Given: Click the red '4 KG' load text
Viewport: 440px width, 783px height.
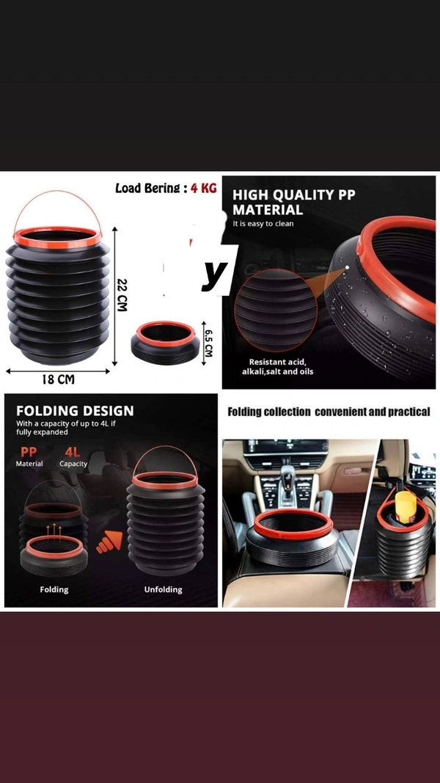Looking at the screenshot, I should click(203, 189).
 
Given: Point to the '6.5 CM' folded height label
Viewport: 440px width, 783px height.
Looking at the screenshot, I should click(208, 340).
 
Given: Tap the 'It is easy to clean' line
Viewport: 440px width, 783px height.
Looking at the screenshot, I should click(263, 223).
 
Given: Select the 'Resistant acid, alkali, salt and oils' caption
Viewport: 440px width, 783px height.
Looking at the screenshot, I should click(277, 367).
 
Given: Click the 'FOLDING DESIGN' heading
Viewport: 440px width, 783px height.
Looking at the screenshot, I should click(75, 411).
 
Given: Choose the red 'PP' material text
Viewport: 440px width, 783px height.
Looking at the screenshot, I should click(28, 453).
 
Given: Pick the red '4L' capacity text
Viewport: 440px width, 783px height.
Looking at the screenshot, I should click(73, 453).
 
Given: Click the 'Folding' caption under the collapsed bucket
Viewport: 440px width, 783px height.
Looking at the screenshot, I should click(54, 589).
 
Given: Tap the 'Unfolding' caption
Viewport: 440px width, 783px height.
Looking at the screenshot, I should click(163, 589).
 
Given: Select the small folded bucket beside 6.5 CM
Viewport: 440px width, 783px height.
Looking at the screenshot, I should click(166, 342).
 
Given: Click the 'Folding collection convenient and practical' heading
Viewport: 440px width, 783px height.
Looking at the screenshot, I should click(329, 412).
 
